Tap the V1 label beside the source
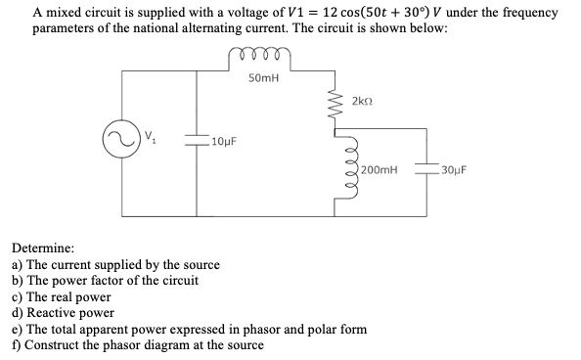pos(150,136)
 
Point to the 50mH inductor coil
pos(260,62)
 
